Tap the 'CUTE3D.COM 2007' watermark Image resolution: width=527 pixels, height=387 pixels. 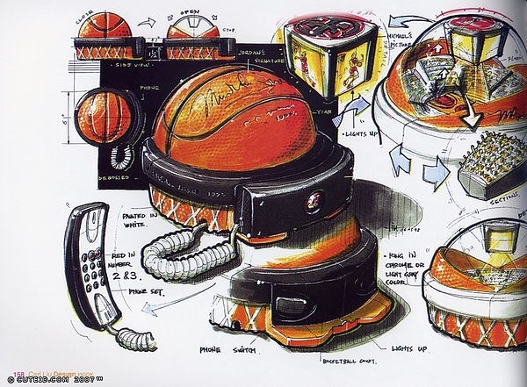coord(57,379)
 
